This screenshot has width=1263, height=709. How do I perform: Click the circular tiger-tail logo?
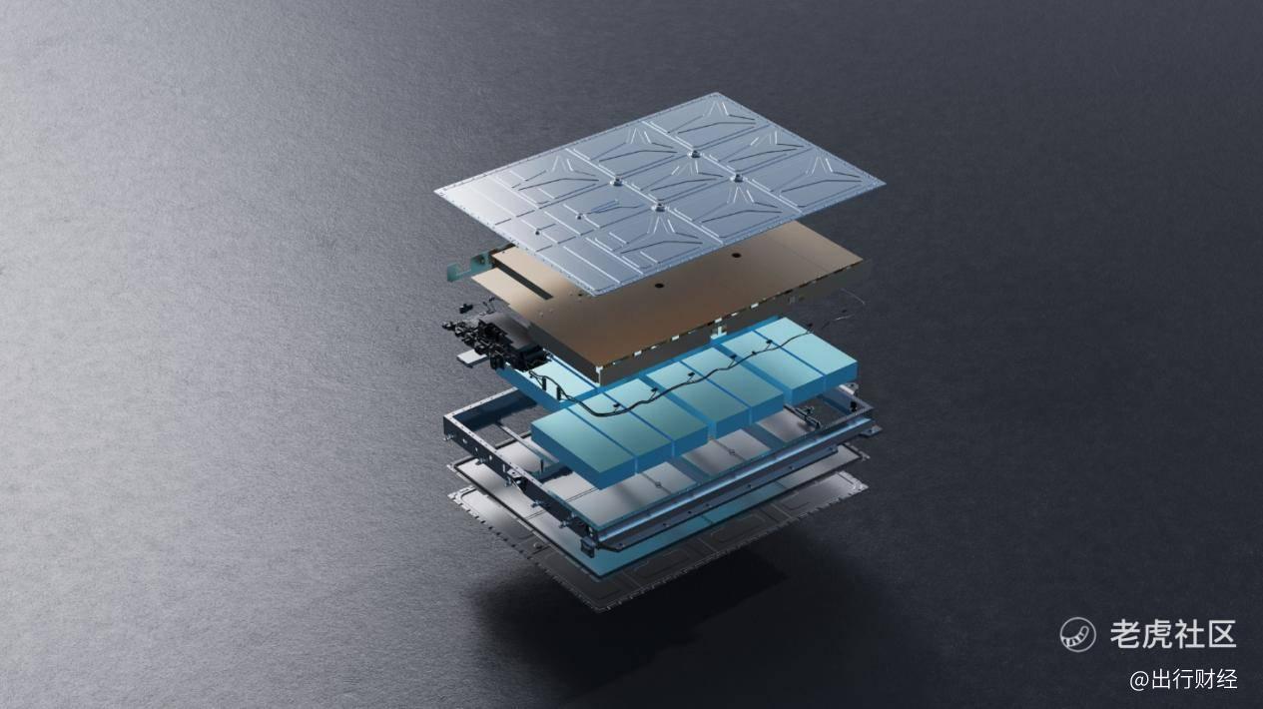tap(1077, 634)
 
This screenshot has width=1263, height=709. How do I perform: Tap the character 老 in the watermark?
tap(1127, 634)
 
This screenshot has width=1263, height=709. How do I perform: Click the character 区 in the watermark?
tap(1221, 634)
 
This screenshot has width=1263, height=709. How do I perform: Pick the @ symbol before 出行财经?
tap(1139, 680)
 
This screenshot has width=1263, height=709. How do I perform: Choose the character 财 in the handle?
tap(1204, 680)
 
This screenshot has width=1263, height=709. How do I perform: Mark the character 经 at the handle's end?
tap(1226, 680)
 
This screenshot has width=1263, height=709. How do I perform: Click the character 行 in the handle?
tap(1183, 680)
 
